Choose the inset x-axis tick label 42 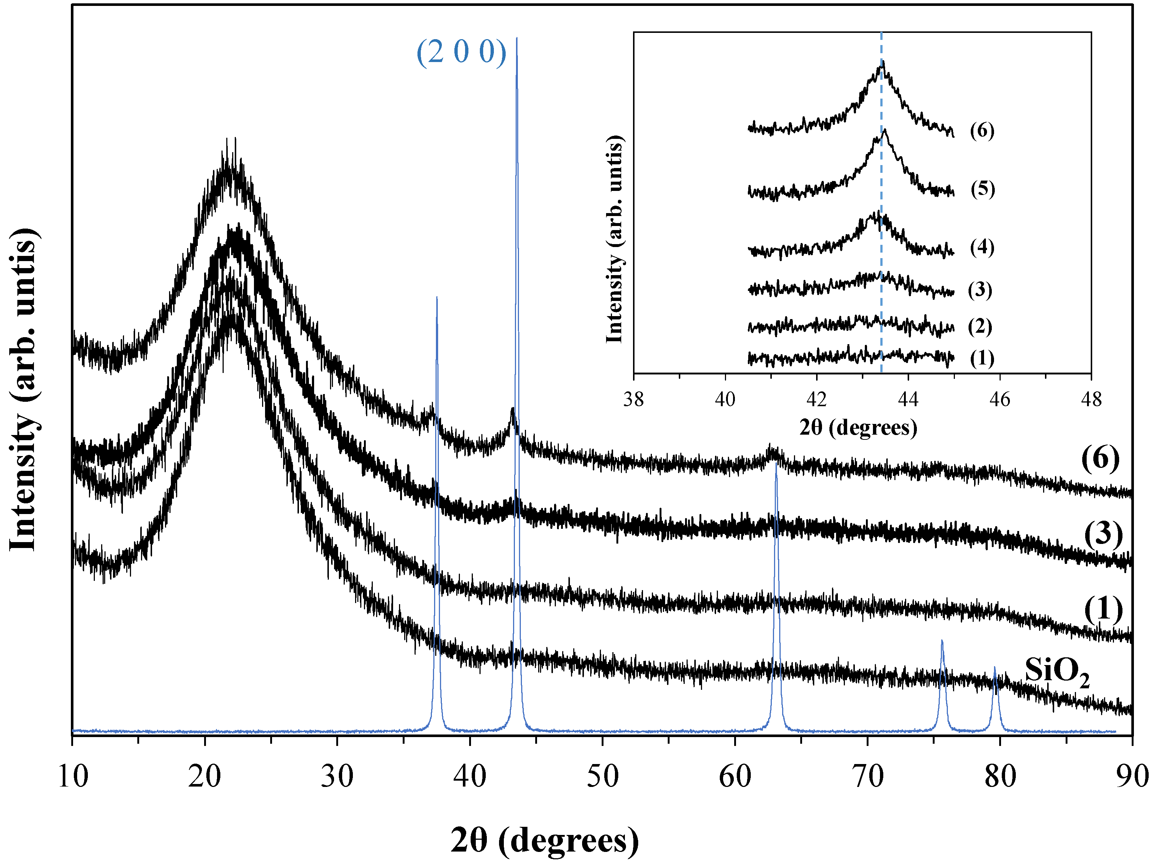coord(816,400)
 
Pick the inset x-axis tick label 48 coord(1091,400)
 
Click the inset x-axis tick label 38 coord(633,400)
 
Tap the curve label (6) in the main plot coord(1100,459)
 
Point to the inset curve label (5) coord(982,189)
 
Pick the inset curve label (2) coord(980,327)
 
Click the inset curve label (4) coord(982,247)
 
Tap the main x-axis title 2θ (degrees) coord(544,840)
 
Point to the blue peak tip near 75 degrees coord(942,640)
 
